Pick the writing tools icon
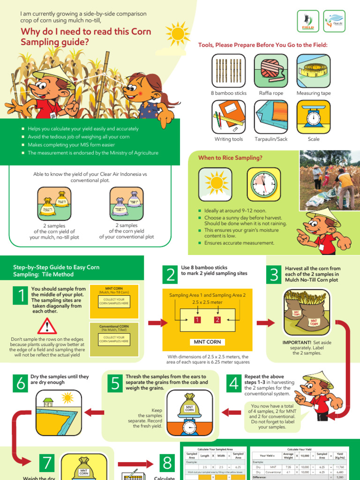tap(229, 117)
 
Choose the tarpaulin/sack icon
tap(270, 117)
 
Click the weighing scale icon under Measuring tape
tap(313, 117)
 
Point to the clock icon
tap(264, 185)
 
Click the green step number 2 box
tap(171, 275)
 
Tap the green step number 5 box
tap(115, 384)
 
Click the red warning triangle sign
tap(47, 326)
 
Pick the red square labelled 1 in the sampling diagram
tap(197, 320)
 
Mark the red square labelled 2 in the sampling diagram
tap(217, 320)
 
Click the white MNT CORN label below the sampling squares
tap(207, 342)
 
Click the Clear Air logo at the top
tap(334, 21)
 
